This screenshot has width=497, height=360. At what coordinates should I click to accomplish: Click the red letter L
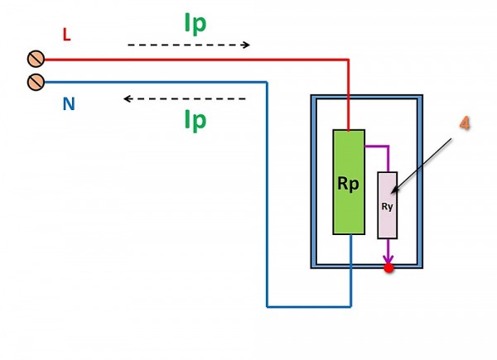coord(66,35)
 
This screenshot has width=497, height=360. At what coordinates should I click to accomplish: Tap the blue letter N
coord(69,103)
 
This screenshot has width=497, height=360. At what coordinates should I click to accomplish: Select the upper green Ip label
coord(195,23)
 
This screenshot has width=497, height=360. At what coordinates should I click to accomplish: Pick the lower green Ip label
coord(195,120)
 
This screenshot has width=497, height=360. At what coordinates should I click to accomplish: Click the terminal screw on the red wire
coord(36,59)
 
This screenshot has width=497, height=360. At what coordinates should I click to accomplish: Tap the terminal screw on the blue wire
coord(36,82)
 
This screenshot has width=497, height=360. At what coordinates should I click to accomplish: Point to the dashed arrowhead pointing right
coord(246,45)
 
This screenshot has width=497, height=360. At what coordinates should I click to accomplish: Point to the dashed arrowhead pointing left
coord(128,98)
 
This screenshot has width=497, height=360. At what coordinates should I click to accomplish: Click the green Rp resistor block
coord(349,182)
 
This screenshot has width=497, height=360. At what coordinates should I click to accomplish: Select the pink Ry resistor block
coord(388,205)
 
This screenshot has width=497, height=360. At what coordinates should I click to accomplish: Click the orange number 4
coord(465,123)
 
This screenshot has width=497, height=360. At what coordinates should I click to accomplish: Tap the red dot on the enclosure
coord(388,268)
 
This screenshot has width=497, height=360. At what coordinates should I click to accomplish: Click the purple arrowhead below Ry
coord(388,258)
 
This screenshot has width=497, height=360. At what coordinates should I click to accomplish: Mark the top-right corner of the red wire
coord(349,60)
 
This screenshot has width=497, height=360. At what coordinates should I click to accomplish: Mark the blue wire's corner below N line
coord(267,83)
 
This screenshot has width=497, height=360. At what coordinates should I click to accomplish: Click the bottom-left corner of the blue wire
coord(267,306)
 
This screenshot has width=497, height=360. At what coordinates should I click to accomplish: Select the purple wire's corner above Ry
coord(388,146)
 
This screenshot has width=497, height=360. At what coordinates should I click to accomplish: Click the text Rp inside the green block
coord(349,184)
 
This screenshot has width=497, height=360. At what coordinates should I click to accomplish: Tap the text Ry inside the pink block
coord(387,206)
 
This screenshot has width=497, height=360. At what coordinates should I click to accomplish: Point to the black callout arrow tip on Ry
coord(392,193)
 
